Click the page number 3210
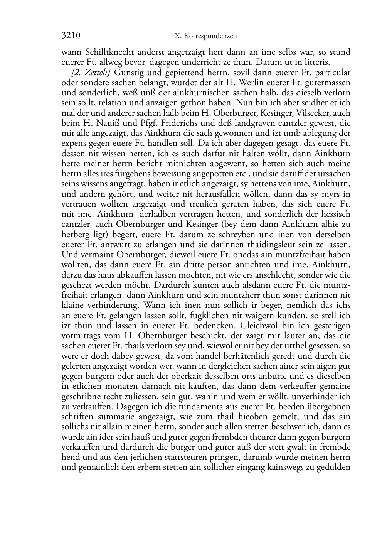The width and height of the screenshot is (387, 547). pyautogui.click(x=71, y=36)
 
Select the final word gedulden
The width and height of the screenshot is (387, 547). pyautogui.click(x=335, y=468)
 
